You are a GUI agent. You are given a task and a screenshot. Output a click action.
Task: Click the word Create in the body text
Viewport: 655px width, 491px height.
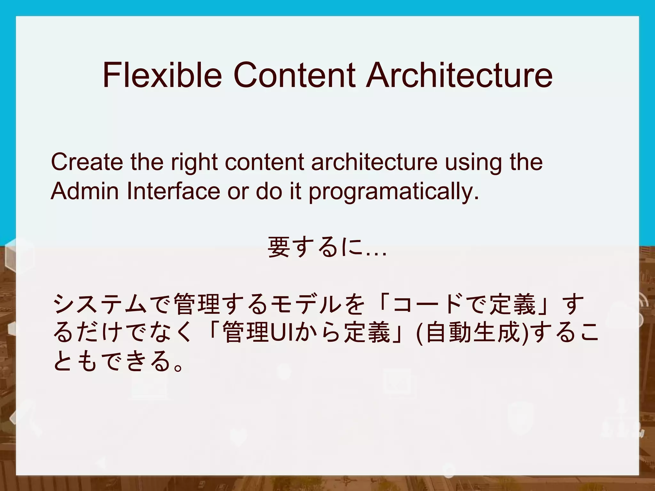(87, 162)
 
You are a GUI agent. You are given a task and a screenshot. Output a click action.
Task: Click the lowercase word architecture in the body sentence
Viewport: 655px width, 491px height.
(375, 162)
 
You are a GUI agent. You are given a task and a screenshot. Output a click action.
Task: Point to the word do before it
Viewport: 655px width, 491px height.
(269, 191)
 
